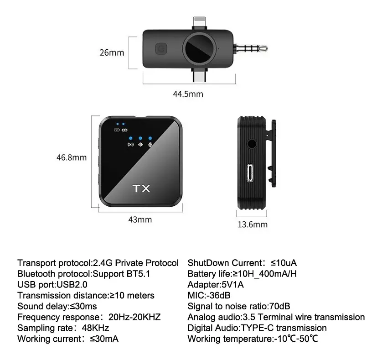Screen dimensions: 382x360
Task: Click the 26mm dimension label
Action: coord(112,52)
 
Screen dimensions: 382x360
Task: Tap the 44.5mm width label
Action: coord(188,94)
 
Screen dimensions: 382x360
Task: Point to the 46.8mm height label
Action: coord(72,157)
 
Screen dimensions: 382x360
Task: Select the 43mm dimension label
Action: coord(140,219)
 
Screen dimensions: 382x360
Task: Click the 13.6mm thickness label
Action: coord(253,224)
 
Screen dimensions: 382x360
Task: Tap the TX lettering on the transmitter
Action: coord(142,188)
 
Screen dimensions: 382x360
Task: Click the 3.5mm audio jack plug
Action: coord(250,48)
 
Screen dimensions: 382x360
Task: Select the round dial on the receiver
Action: coord(200,48)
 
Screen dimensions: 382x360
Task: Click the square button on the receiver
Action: coord(161,49)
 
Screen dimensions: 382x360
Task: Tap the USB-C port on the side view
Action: coord(250,173)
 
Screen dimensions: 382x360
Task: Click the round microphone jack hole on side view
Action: coord(252,144)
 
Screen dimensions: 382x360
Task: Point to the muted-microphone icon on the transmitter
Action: coord(150,145)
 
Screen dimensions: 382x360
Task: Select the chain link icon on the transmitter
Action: coord(124,130)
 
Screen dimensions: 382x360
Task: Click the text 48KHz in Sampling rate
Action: coord(96,328)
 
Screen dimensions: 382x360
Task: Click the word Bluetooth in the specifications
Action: coord(36,274)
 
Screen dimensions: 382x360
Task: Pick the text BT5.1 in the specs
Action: coord(139,274)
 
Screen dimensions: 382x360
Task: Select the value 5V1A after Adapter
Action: coord(232,285)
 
